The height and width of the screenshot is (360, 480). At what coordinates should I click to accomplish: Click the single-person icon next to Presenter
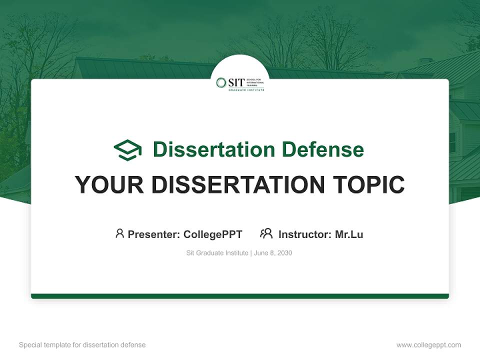[119, 233]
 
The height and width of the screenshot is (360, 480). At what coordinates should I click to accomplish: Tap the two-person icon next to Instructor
[266, 233]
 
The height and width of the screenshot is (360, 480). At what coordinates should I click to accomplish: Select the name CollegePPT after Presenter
[212, 234]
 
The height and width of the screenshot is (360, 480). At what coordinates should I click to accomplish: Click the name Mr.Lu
[349, 234]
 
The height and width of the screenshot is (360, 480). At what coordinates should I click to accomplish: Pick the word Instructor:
[305, 234]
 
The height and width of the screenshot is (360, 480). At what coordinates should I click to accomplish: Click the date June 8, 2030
[273, 253]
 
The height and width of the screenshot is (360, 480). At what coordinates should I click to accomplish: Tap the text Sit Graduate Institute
[217, 253]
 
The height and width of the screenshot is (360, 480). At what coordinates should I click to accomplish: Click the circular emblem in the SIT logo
[221, 82]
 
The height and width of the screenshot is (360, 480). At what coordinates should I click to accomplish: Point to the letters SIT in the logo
[236, 82]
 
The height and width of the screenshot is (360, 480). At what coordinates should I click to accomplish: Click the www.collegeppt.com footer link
[428, 345]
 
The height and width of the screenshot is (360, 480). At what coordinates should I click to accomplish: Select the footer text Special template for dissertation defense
[82, 345]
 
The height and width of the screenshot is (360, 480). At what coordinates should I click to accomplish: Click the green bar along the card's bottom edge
[240, 296]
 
